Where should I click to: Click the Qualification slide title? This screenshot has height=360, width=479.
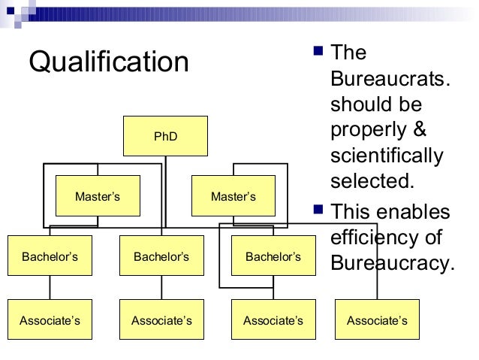point(109,62)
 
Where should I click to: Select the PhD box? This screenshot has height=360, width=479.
point(165,136)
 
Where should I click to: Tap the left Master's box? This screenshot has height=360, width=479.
point(98,196)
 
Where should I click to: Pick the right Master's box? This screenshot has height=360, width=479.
point(233,196)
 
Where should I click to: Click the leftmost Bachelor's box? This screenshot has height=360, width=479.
point(50,256)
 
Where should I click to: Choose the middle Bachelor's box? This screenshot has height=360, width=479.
point(161,256)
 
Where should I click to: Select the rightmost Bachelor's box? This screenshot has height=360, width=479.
point(273,256)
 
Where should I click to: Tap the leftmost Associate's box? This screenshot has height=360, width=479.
point(50,320)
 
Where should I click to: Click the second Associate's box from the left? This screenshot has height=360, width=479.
point(161,320)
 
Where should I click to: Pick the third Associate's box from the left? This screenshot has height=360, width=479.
point(273,320)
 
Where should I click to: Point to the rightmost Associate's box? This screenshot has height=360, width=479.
point(377,320)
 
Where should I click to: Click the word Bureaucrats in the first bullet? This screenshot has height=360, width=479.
point(390,79)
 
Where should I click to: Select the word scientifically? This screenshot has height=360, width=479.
point(387,156)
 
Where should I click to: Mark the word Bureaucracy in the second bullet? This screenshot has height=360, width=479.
point(391,264)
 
